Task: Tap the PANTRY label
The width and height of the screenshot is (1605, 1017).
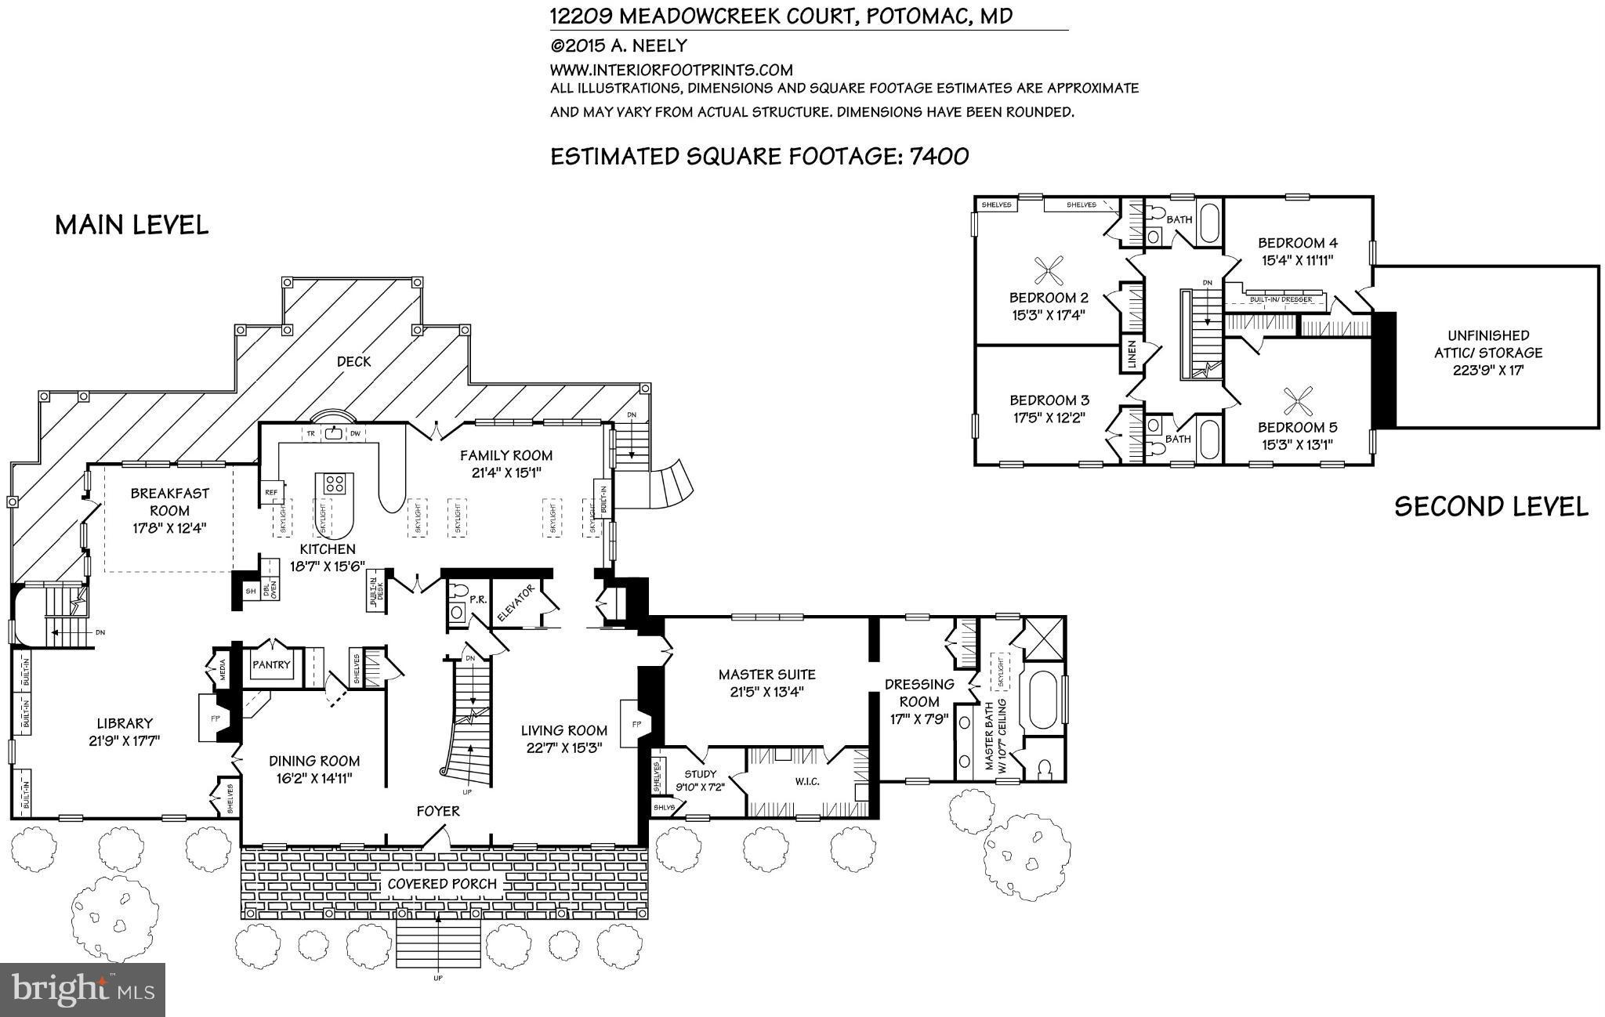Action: tap(271, 664)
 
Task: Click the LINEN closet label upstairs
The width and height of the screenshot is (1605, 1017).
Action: tap(1131, 355)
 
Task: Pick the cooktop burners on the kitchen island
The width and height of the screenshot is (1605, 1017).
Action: tap(334, 483)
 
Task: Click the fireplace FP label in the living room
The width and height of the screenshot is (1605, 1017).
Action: tap(636, 725)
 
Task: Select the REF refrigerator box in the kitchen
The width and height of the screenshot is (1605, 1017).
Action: tap(271, 493)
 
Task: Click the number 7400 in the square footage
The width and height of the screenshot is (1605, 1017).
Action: tap(939, 157)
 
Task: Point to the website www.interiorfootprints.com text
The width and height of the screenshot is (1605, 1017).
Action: tap(672, 70)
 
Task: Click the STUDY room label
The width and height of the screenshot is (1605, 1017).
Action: tap(701, 774)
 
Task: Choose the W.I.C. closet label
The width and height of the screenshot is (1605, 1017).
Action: tap(806, 781)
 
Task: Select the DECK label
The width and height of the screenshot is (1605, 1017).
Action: tap(353, 361)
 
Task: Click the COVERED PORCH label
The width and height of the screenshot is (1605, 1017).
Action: tap(443, 884)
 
